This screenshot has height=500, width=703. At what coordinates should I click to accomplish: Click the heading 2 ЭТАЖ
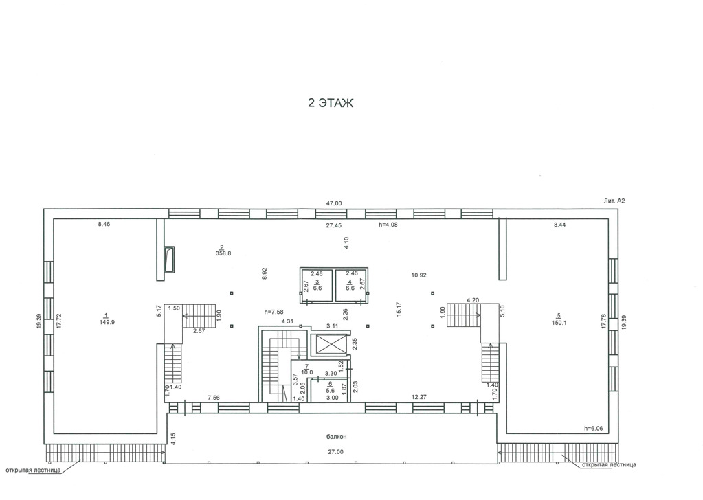[331, 103]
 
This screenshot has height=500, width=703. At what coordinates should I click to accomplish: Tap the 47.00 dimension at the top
[334, 203]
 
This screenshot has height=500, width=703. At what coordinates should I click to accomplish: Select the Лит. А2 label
[614, 201]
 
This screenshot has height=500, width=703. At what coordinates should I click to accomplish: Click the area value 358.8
[223, 253]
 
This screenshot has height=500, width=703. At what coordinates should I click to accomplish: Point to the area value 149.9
[107, 322]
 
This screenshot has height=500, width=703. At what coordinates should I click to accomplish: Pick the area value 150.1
[559, 323]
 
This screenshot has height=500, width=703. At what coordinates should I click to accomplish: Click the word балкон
[336, 437]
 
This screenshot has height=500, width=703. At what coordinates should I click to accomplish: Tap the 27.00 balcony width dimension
[335, 452]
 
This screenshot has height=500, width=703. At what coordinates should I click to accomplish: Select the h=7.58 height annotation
[274, 312]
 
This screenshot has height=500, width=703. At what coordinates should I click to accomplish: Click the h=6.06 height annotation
[594, 429]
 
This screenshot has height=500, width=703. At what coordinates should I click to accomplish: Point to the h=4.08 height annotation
[388, 225]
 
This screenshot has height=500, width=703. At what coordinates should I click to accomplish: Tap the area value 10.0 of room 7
[307, 372]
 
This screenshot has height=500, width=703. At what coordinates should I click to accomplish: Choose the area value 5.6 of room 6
[331, 391]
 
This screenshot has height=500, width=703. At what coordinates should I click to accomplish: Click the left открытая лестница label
[33, 470]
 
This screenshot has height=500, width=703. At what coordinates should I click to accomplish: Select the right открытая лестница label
[609, 465]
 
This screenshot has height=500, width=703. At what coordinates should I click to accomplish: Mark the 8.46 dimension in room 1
[104, 225]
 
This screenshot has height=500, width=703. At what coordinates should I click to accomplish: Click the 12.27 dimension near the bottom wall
[419, 398]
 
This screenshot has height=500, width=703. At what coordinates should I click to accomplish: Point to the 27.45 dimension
[334, 226]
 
